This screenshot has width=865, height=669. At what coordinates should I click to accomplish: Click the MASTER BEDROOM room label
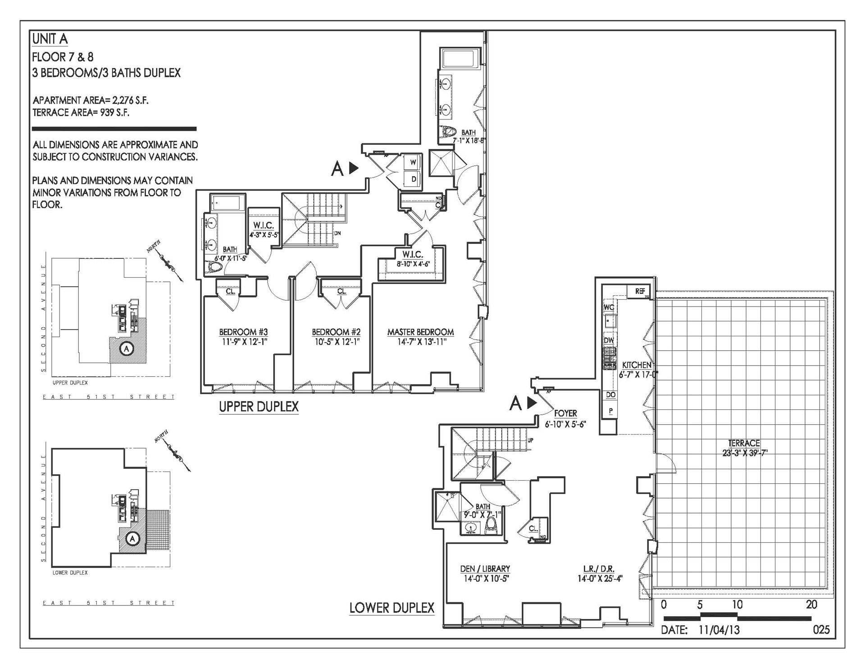pos(420,332)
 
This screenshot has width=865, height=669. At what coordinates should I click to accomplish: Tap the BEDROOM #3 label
pos(243,332)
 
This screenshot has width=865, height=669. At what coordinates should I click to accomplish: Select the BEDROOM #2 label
pos(336,332)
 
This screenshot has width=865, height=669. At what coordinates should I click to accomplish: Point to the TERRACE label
pos(744,443)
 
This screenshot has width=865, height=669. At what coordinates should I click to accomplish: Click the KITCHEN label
pos(636,365)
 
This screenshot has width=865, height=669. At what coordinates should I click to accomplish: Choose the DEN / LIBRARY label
pos(485,569)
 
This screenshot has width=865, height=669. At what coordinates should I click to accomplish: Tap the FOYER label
pos(565,413)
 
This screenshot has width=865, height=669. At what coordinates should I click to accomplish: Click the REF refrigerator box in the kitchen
pos(640,291)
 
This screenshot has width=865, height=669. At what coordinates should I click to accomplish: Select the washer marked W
pos(413,163)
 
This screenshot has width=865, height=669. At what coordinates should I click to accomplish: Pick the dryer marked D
pos(413,179)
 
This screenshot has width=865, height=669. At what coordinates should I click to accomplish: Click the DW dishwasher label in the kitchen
pos(609,340)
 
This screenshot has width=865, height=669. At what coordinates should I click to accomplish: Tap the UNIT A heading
pos(50,39)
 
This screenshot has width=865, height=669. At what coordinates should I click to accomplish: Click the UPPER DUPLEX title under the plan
pos(259,407)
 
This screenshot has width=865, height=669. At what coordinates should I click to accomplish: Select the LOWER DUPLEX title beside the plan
pos(392,608)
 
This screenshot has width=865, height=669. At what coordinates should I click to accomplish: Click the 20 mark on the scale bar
pos(811,605)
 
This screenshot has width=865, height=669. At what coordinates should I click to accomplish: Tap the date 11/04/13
pos(719,630)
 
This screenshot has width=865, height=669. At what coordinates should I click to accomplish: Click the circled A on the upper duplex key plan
pos(127,348)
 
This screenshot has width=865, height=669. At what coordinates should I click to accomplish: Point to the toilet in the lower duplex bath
pos(492,525)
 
